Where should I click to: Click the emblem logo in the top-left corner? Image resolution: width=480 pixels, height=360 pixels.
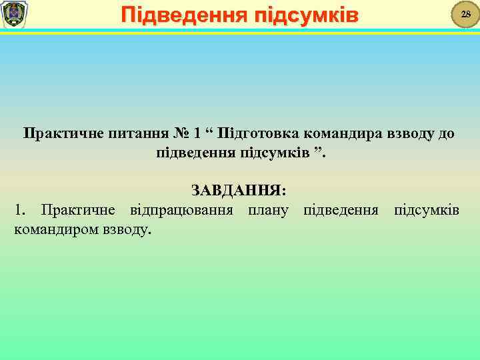click(14, 14)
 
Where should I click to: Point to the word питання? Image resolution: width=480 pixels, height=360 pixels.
click(139, 133)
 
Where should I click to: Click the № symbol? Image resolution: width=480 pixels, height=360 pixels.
click(183, 133)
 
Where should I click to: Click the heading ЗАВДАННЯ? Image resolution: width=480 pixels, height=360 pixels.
click(239, 191)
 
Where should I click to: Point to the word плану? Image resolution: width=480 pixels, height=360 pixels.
click(268, 211)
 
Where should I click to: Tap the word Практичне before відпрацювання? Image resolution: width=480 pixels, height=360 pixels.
click(77, 211)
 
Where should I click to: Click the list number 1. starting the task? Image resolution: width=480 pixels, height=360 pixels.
click(20, 211)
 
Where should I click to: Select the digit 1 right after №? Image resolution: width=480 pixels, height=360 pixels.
click(197, 133)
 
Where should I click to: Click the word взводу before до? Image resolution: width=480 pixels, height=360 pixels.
click(408, 133)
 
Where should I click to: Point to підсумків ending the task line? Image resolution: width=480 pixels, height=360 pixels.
click(426, 211)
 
